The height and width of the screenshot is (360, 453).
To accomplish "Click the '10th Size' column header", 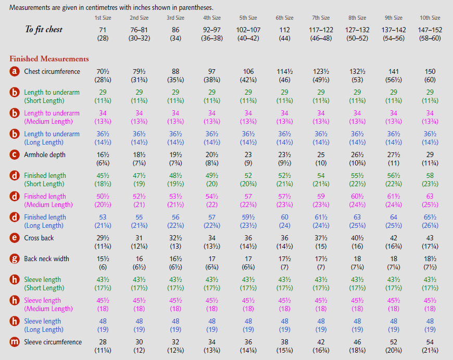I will coord(430,18).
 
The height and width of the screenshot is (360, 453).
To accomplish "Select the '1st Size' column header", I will coord(103,18).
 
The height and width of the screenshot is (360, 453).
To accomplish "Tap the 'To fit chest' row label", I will coord(44,30).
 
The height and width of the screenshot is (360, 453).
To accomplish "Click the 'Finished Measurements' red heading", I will coord(49,59).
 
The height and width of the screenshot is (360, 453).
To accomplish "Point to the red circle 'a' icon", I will coord(15,72).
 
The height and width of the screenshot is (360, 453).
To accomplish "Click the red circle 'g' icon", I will coord(15,259).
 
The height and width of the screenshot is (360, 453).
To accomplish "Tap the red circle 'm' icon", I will coord(15,342).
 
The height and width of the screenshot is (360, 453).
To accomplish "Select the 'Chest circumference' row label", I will coord(52,71).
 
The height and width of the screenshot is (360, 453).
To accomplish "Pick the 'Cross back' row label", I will coord(39,238).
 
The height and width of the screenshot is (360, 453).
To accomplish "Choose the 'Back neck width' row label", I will coord(46,259).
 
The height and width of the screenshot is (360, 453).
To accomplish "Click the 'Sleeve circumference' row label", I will coord(53,342).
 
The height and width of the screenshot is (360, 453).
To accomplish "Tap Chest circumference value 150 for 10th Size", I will coord(430,72).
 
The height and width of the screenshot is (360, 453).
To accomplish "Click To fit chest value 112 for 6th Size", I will coord(284,30).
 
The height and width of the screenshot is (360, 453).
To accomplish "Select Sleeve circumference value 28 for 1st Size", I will coord(103,342).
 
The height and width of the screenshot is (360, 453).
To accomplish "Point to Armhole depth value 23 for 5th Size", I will coord(248,155).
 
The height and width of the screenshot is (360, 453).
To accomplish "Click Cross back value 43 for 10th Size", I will coord(430,238).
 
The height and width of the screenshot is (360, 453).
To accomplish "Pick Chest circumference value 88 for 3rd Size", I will coord(175,72).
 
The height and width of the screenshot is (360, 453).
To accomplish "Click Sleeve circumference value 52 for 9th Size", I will coord(394,342).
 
